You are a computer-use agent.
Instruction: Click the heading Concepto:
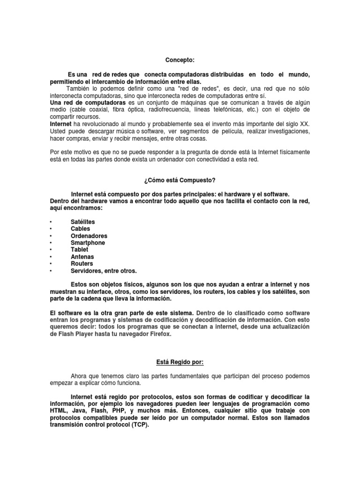[180, 60]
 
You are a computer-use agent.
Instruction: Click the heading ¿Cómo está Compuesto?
[180, 180]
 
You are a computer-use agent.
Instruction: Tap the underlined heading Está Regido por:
[180, 362]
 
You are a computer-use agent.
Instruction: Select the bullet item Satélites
[82, 222]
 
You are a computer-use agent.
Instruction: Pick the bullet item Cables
[80, 229]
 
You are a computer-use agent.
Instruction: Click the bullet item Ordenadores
[89, 236]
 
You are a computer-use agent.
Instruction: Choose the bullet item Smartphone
[88, 243]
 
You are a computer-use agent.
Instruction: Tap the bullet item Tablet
[79, 250]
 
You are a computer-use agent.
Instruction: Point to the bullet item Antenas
[82, 257]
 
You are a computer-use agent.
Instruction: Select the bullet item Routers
[82, 263]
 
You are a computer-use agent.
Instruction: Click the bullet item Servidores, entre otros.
[104, 270]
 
